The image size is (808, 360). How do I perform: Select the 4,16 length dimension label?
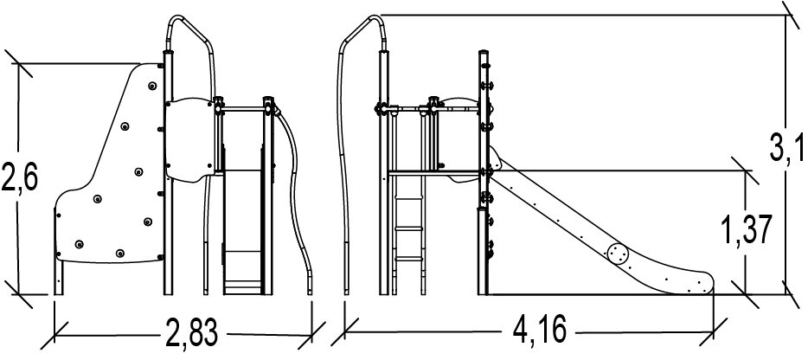click(x=540, y=329)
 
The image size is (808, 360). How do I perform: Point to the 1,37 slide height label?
click(x=747, y=230)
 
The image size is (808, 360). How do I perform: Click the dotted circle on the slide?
click(x=618, y=254)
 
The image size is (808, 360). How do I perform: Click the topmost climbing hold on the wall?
click(x=152, y=86)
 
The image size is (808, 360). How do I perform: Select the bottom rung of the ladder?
click(x=410, y=260)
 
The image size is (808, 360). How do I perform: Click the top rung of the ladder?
click(x=410, y=196)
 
